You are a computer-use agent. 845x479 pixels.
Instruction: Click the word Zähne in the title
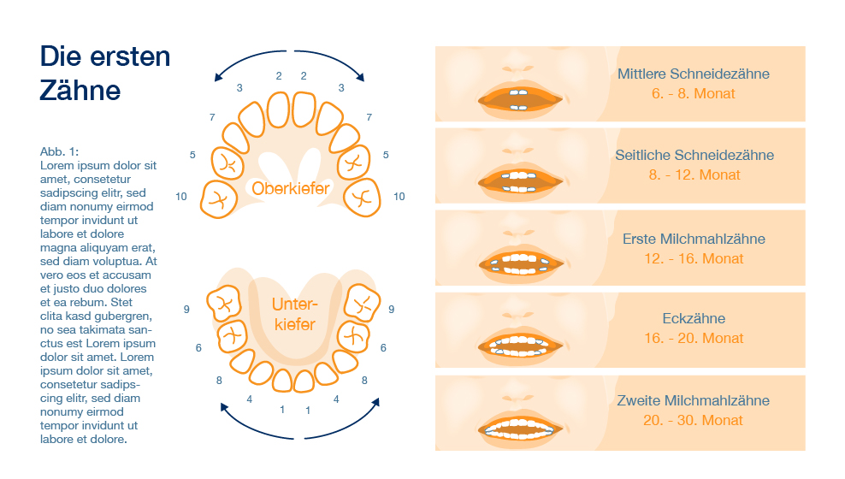point(80,90)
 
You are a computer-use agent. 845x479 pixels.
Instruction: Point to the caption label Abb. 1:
point(59,151)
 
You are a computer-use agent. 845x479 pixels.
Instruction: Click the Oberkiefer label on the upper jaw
point(291,187)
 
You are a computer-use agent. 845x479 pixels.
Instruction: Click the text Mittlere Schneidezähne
point(693,74)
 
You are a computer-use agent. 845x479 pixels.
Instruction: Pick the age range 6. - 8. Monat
point(693,93)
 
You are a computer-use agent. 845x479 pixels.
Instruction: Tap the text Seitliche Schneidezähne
point(694,155)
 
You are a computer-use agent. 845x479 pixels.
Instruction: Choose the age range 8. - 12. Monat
point(694,174)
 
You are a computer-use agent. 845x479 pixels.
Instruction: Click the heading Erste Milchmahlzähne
point(694,239)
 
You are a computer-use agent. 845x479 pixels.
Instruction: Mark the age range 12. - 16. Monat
point(694,258)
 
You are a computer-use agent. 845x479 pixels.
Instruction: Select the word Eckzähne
point(694,318)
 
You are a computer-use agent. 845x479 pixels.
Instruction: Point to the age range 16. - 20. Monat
point(694,338)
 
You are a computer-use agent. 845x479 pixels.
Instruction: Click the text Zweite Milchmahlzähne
point(694,400)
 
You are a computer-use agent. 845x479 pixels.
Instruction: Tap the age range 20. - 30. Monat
point(694,420)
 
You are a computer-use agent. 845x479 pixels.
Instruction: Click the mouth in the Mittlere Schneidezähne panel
point(520,98)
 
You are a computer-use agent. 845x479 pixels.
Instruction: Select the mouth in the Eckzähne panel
point(520,344)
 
